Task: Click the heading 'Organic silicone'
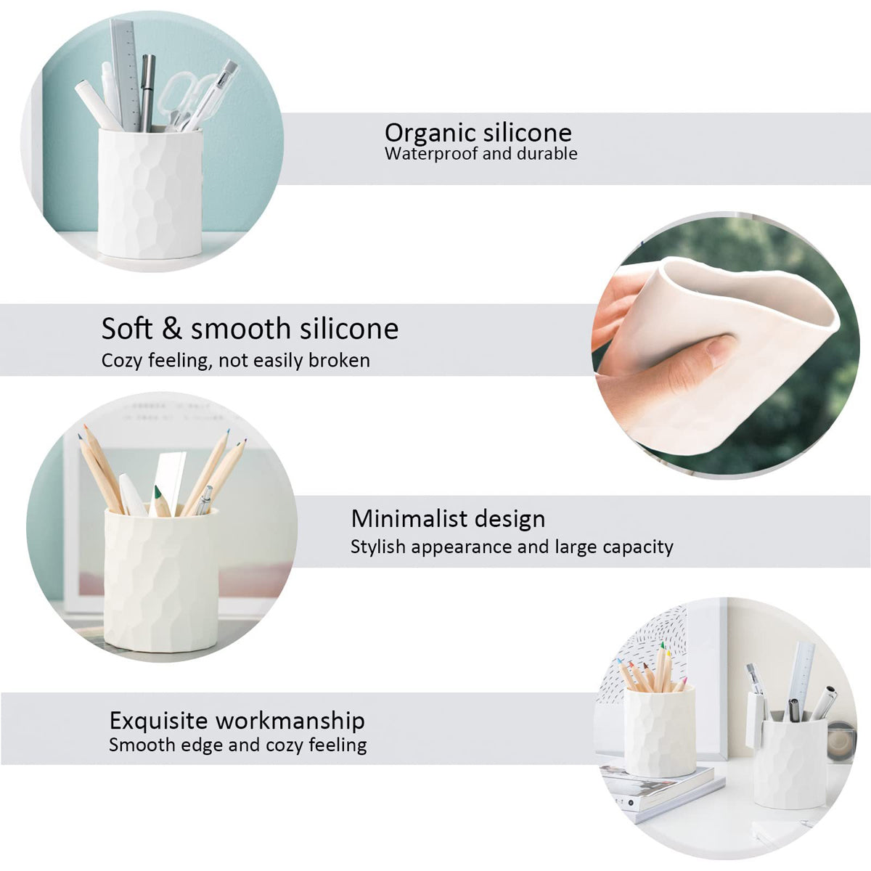[478, 133]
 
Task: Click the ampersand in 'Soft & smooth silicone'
[171, 329]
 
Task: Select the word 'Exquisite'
[158, 721]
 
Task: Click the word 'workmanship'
[290, 721]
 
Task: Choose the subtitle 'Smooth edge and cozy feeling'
[237, 745]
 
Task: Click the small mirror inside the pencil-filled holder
[171, 479]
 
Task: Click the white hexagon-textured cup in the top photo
[150, 192]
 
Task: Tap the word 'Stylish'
[377, 547]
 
